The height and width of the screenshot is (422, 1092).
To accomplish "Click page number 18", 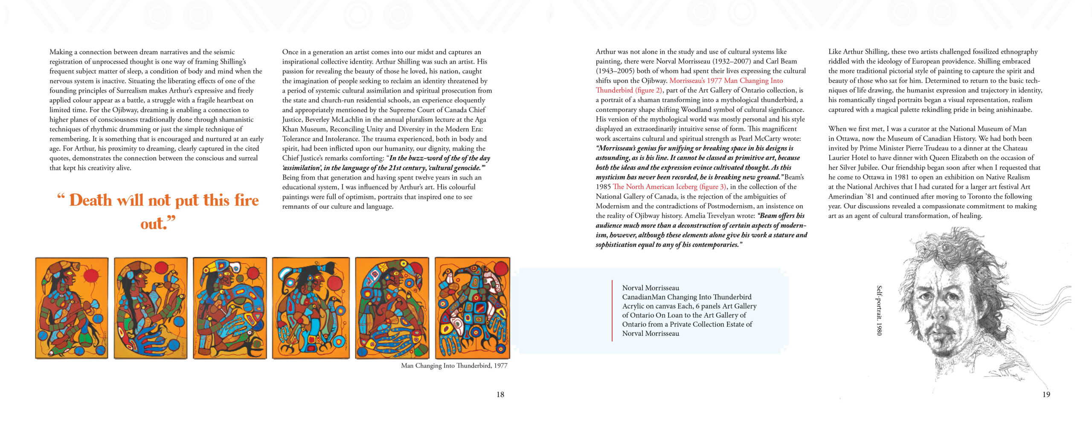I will coord(500,395).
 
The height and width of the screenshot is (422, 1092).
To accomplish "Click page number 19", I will coord(1046,395).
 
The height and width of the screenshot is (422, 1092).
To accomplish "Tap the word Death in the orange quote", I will coord(90,200).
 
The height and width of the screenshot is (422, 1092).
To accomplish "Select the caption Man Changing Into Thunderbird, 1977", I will coord(454,366).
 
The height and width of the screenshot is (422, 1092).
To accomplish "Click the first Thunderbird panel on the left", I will coord(72,308).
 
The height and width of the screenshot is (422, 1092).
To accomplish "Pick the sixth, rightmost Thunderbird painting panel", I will coord(472,308).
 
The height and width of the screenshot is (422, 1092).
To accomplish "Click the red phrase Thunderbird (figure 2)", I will coord(629,90).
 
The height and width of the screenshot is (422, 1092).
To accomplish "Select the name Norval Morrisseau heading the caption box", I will coord(651,288).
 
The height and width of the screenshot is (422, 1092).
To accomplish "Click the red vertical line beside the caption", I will coord(612,310).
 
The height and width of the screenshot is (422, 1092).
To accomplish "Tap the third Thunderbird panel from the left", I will coord(230,308).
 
